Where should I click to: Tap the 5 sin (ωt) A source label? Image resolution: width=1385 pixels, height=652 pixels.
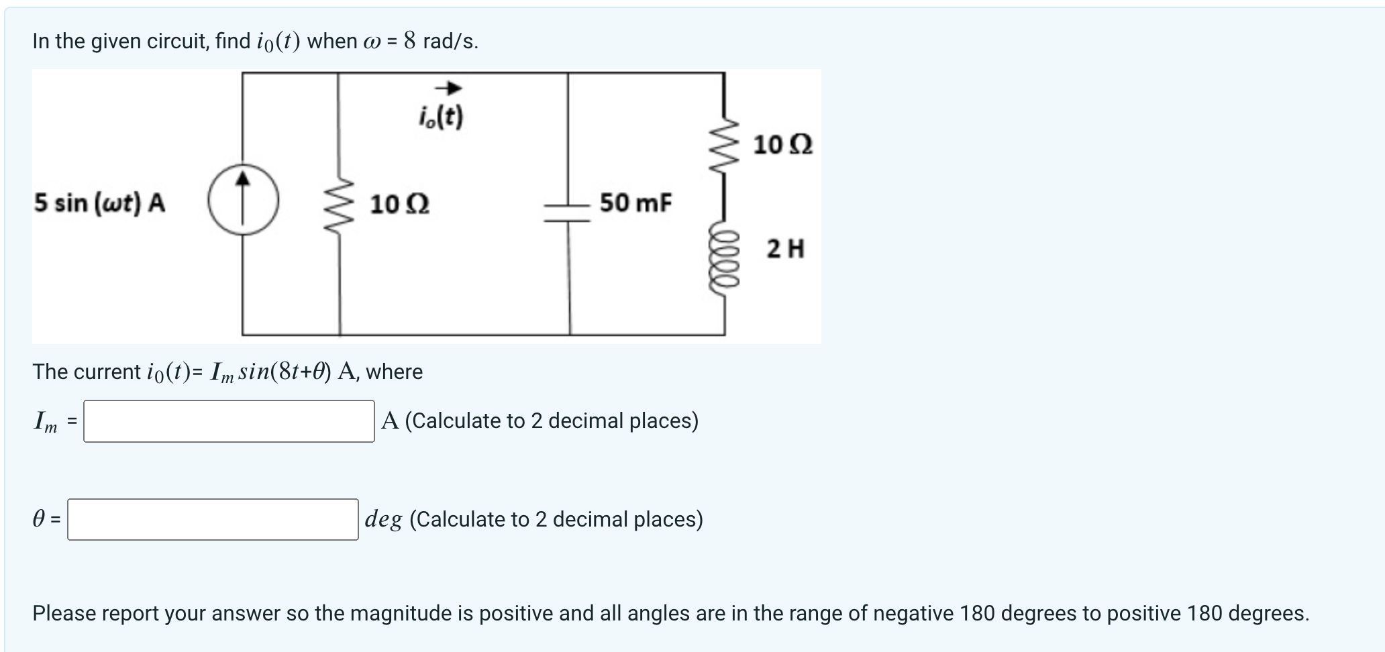coord(100,203)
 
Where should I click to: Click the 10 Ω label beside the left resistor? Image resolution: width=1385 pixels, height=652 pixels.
coord(400,204)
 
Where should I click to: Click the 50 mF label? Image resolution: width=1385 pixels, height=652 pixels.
coord(635,203)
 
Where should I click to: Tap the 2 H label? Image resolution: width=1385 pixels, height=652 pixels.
coord(785,250)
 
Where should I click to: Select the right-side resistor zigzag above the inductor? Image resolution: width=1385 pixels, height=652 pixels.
coord(725,145)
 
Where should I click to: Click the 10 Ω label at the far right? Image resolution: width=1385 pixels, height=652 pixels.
coord(782,145)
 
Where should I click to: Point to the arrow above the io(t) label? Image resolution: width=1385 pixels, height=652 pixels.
coord(448,89)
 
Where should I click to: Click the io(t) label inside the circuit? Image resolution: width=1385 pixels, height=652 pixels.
coord(441,118)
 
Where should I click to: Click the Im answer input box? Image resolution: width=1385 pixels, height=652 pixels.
coord(229,421)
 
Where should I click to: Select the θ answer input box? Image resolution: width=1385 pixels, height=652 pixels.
coord(213,519)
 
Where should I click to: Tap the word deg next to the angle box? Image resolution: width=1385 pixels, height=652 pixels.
coord(383,519)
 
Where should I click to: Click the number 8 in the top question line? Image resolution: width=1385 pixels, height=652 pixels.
coord(409,42)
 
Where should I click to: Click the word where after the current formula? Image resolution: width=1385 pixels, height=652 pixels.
coord(394,372)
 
